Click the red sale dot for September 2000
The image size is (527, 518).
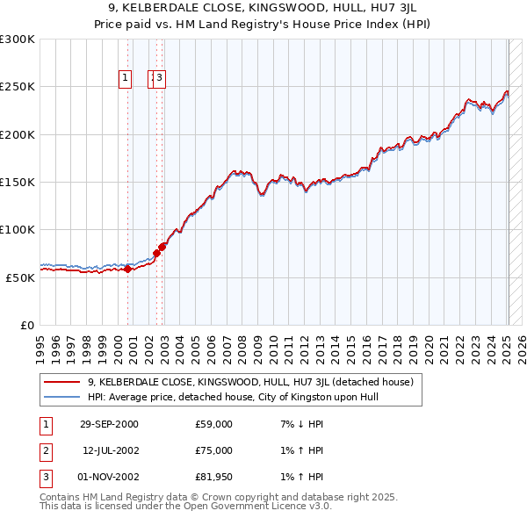point(128,269)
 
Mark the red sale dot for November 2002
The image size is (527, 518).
point(162,247)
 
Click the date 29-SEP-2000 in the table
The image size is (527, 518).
point(109,424)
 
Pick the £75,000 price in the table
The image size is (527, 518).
point(214,450)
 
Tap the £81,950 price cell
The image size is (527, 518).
point(214,477)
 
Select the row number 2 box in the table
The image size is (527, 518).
point(44,450)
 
